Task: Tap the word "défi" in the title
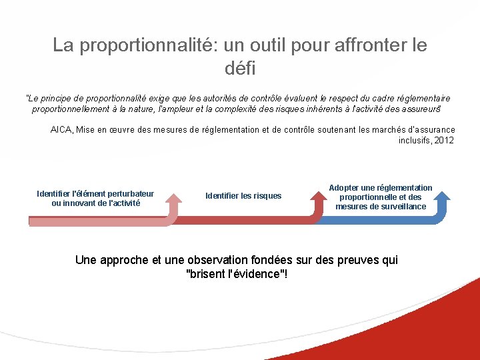point(240,68)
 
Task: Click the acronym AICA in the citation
point(61,130)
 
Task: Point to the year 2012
point(444,141)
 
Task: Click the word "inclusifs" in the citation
point(414,141)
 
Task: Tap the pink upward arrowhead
point(174,198)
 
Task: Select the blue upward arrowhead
point(441,198)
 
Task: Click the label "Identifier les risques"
point(243,196)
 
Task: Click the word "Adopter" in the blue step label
point(345,188)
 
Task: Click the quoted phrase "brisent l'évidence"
point(237,275)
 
